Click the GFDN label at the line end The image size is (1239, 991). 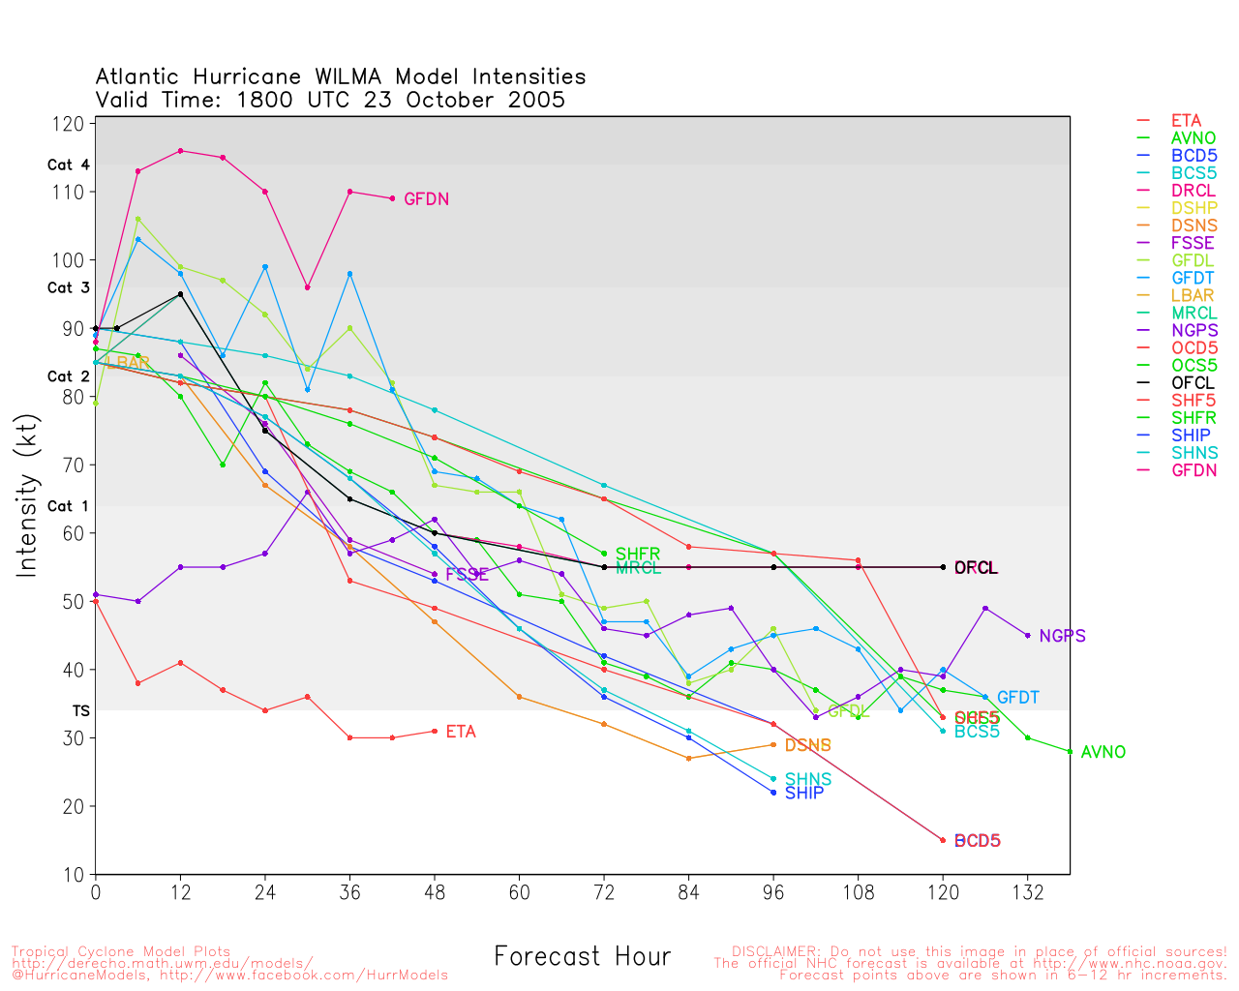pos(426,199)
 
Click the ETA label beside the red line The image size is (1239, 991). pos(461,732)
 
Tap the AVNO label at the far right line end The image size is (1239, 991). pos(1103,752)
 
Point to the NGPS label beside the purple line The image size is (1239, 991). pos(1062,636)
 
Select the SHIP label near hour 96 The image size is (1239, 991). pos(803,793)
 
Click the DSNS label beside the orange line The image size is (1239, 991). pos(807,745)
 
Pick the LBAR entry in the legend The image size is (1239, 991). pos(1192,295)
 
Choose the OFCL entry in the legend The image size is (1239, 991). pos(1192,382)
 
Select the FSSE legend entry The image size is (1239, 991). pos(1192,243)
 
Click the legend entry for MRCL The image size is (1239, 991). pos(1194,313)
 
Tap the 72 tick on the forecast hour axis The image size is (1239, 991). pos(604,892)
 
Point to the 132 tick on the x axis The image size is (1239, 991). pos(1028,892)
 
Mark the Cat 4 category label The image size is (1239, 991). pos(68,165)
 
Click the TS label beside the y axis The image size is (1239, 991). pos(80,710)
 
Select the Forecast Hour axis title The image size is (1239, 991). pos(582,956)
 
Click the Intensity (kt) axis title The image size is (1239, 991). pos(26,495)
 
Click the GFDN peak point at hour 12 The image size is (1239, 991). pos(181,151)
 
